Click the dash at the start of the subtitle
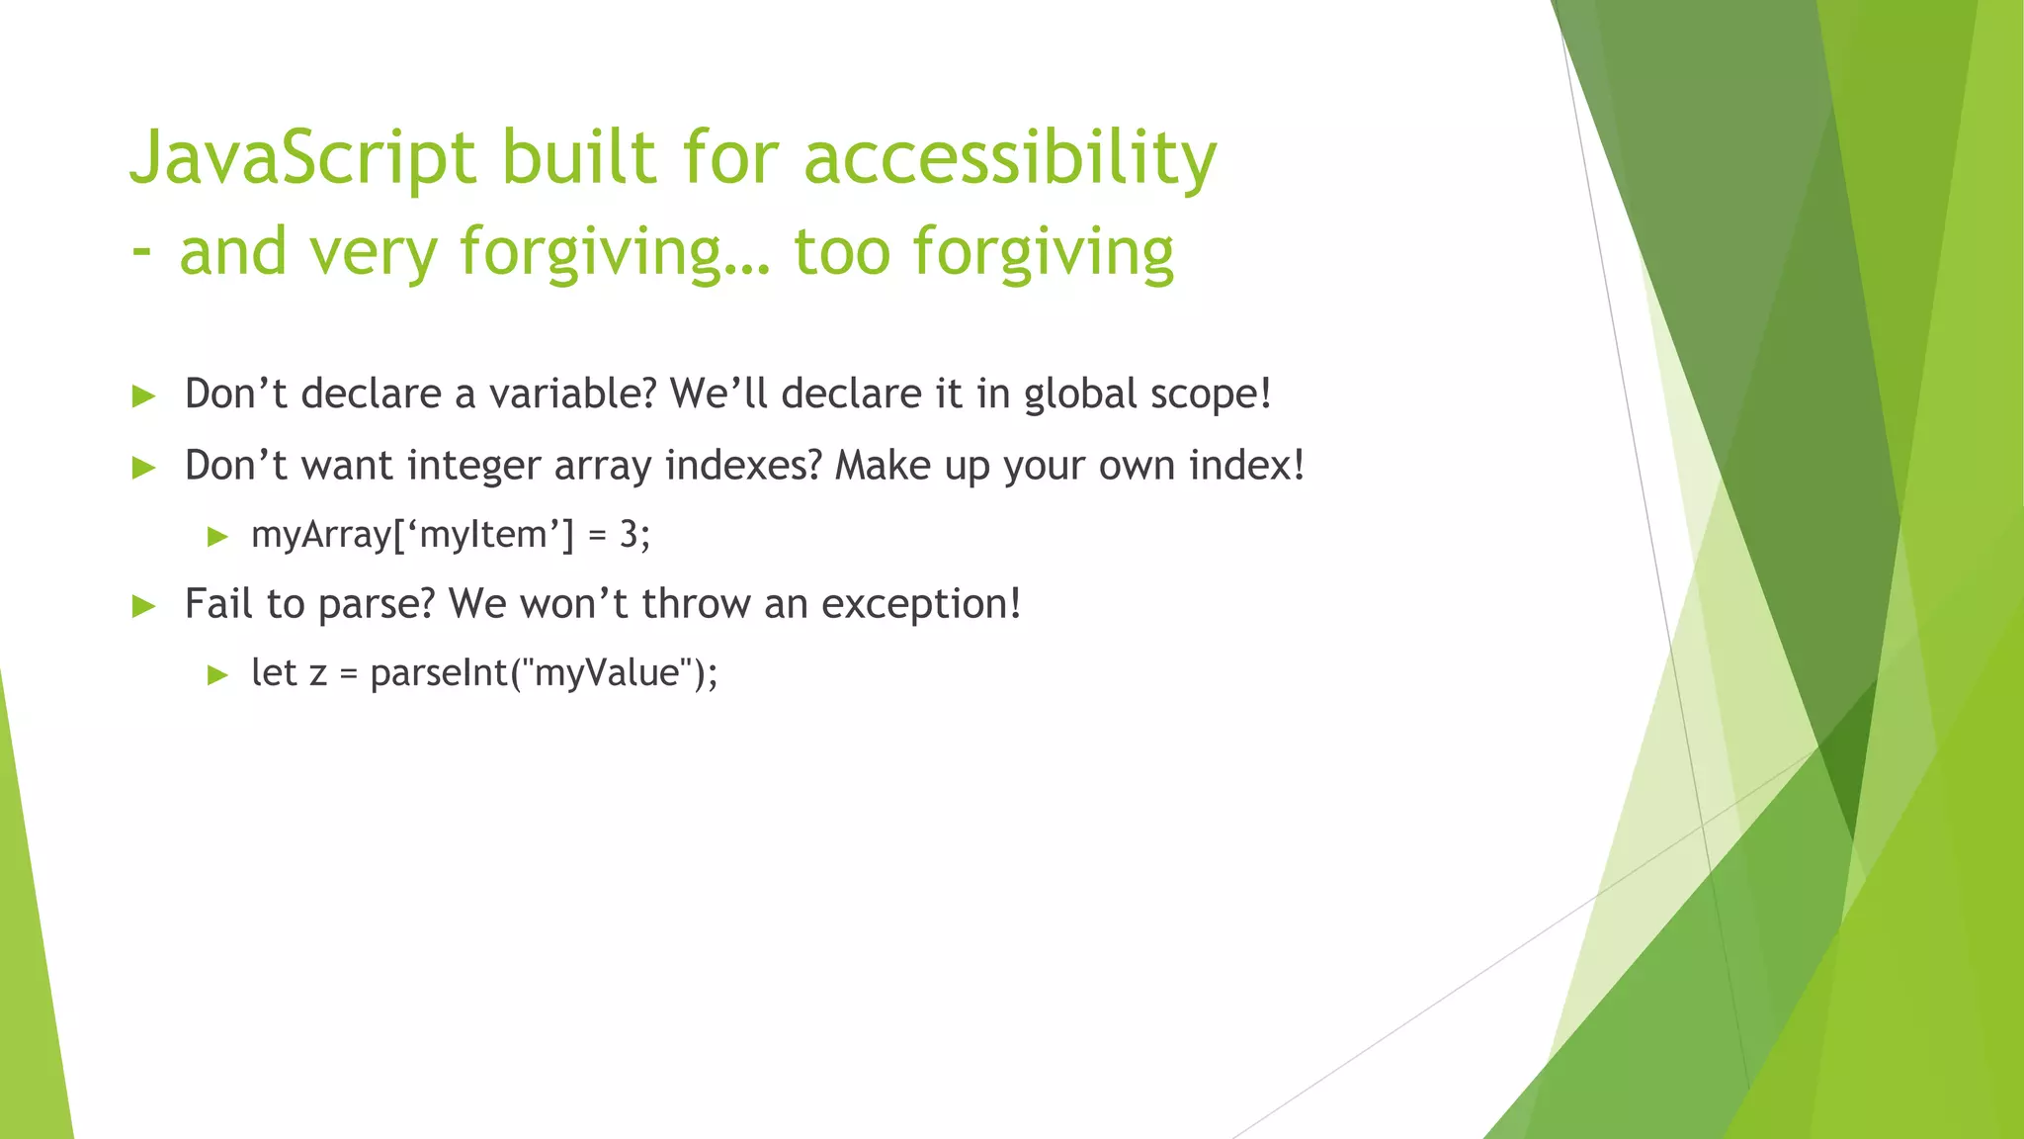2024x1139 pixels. pyautogui.click(x=141, y=251)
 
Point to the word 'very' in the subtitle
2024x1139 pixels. pyautogui.click(x=373, y=253)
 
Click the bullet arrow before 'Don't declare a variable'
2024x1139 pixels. pyautogui.click(x=144, y=396)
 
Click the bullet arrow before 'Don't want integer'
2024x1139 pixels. pyautogui.click(x=144, y=468)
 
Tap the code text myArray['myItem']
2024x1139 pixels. pyautogui.click(x=412, y=535)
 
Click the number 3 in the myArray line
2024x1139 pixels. pyautogui.click(x=629, y=535)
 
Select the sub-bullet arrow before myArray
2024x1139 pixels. pyautogui.click(x=218, y=537)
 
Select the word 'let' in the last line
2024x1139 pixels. pyautogui.click(x=274, y=673)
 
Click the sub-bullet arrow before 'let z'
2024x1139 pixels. pyautogui.click(x=218, y=675)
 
